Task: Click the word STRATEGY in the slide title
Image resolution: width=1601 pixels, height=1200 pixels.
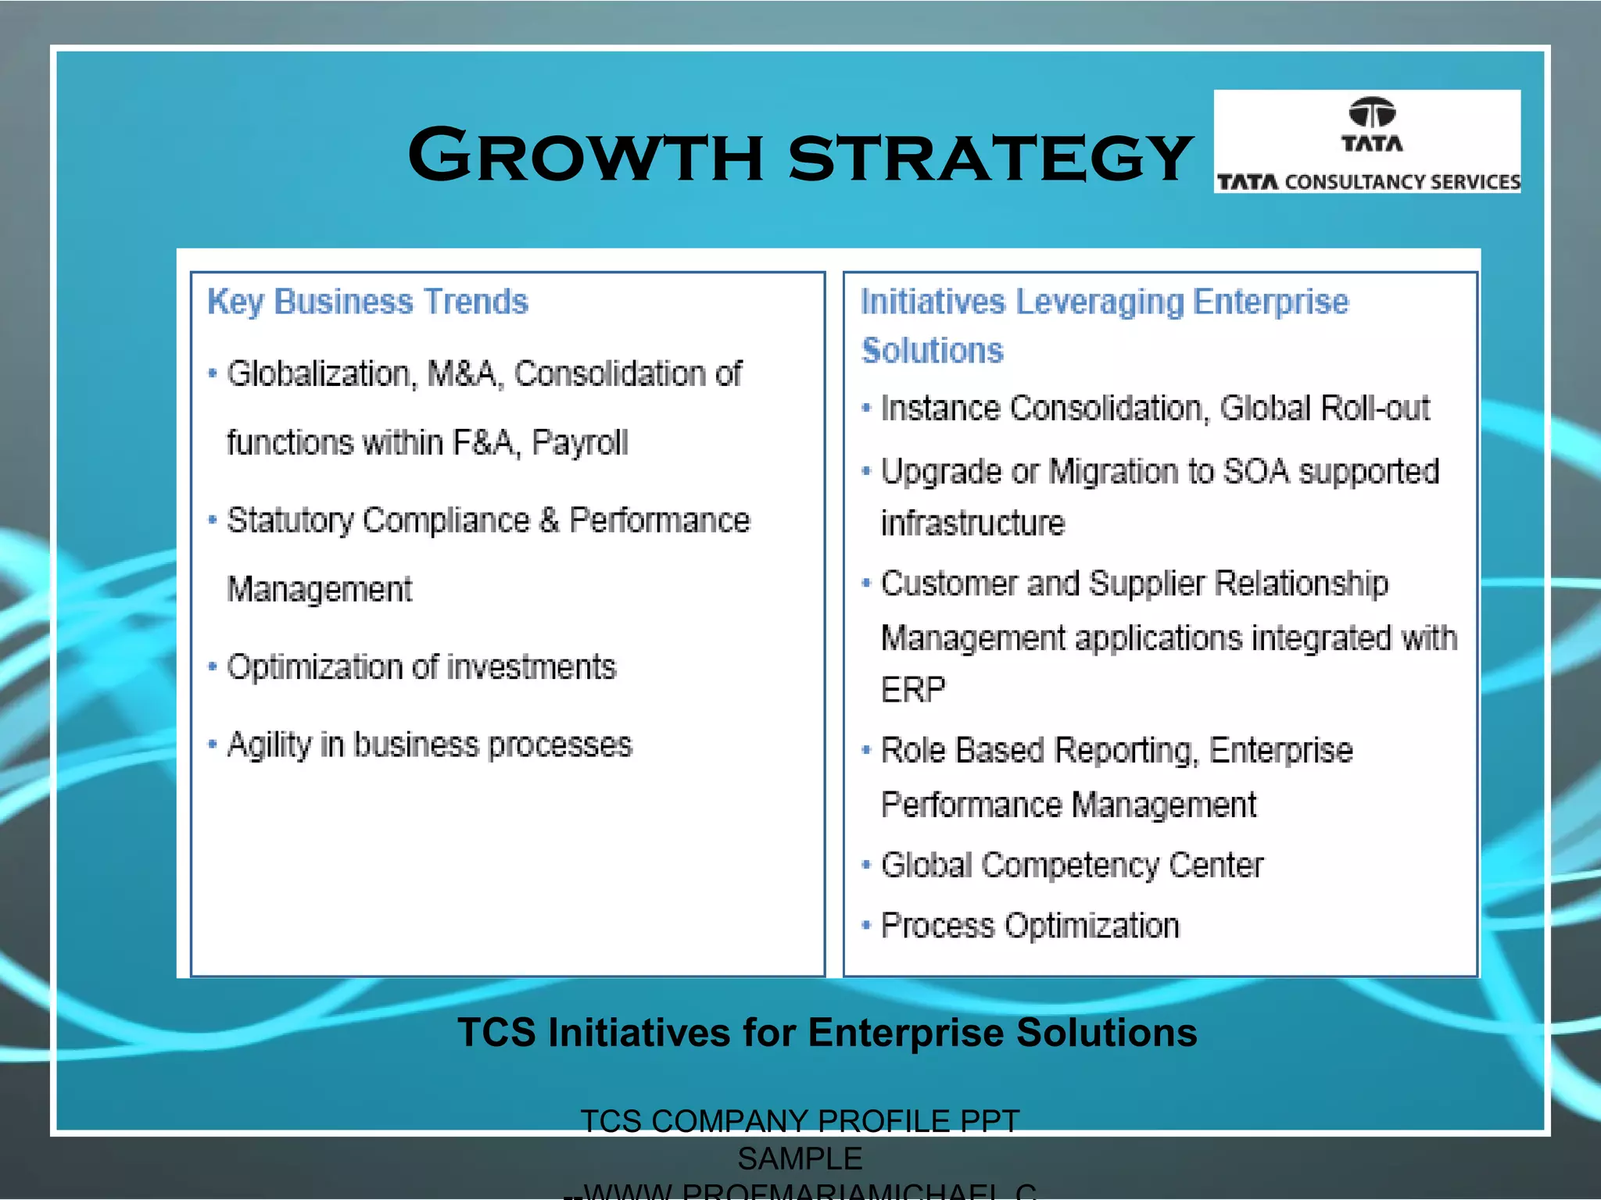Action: click(990, 158)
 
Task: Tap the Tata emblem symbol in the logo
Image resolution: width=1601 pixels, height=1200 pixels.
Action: click(1372, 112)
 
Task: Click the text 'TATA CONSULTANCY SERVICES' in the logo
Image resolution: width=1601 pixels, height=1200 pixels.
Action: click(1368, 182)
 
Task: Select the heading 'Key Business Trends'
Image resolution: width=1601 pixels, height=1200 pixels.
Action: click(367, 302)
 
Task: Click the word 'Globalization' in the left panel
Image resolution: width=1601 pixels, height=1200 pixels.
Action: click(317, 374)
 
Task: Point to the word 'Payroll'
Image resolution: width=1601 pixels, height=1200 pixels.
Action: click(579, 443)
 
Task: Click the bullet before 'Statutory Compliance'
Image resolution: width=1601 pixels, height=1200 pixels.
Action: click(212, 520)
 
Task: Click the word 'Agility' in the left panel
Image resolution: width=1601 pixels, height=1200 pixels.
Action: click(269, 745)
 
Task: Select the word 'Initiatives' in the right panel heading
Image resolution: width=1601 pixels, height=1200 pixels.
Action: click(932, 302)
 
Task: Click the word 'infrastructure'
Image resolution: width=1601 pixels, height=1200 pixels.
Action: click(972, 523)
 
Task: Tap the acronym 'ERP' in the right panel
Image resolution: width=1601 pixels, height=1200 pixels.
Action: click(913, 690)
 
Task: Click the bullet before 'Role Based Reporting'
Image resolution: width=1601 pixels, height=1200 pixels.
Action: click(865, 750)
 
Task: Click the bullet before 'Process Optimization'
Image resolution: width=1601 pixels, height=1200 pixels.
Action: click(865, 926)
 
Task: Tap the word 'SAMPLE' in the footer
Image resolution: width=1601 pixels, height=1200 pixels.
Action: click(800, 1159)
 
